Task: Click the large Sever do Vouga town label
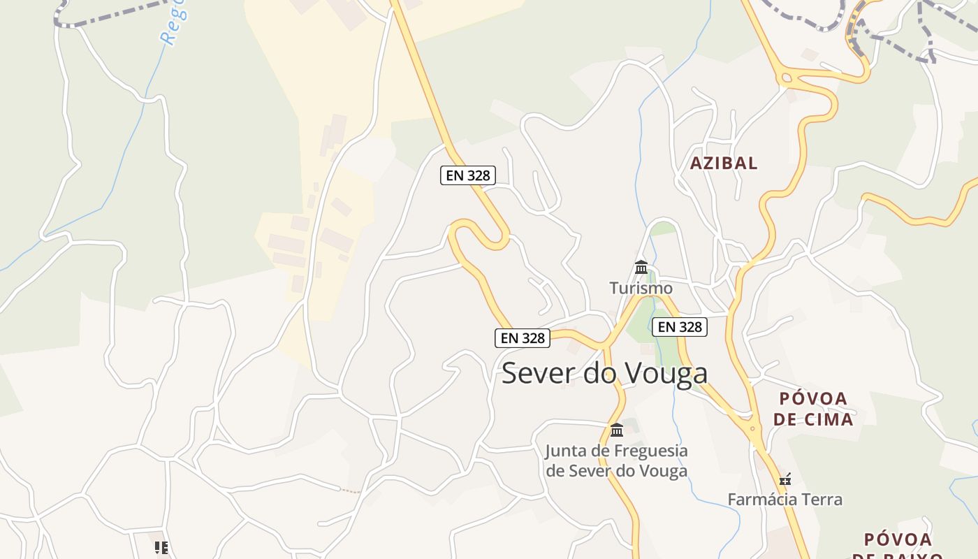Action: pyautogui.click(x=604, y=374)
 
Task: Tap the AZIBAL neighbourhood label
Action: pyautogui.click(x=724, y=164)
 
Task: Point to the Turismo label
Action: pyautogui.click(x=641, y=288)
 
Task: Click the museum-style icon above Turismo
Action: pyautogui.click(x=641, y=267)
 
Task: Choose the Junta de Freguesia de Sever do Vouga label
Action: pyautogui.click(x=616, y=460)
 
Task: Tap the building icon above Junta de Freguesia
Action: pyautogui.click(x=616, y=430)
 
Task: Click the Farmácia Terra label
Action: pyautogui.click(x=784, y=500)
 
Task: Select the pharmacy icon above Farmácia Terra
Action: pyautogui.click(x=785, y=480)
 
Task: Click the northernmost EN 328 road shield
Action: pyautogui.click(x=467, y=175)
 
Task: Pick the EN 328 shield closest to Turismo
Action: pyautogui.click(x=680, y=326)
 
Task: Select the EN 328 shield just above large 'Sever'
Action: pyautogui.click(x=523, y=338)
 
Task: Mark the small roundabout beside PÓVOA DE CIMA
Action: pyautogui.click(x=753, y=427)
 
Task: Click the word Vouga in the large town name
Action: pyautogui.click(x=665, y=374)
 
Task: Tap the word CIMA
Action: pyautogui.click(x=828, y=420)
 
